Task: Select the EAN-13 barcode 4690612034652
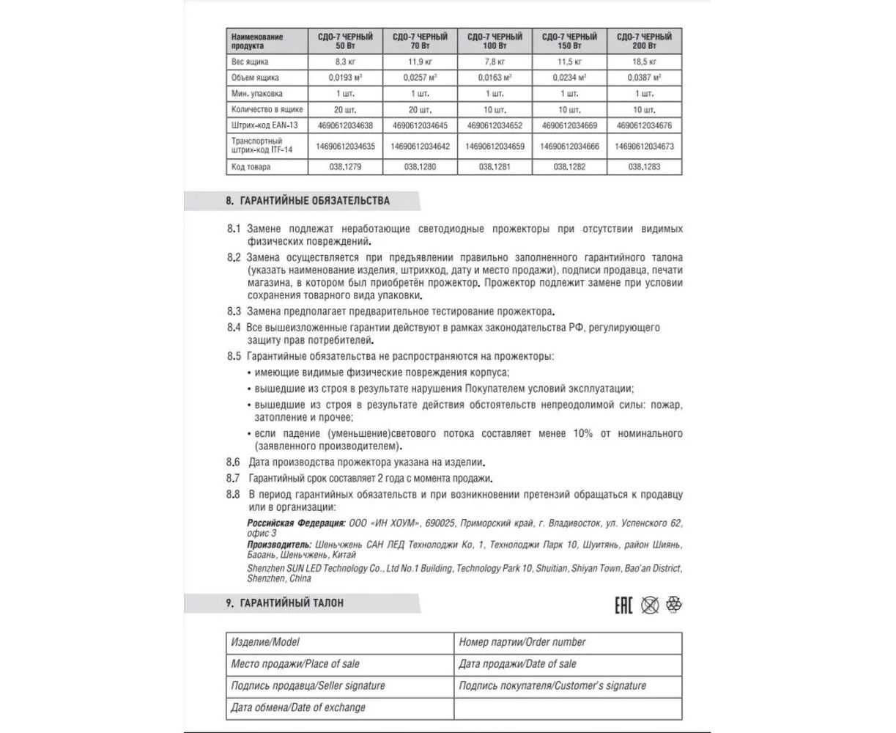click(x=495, y=125)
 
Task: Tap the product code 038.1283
click(x=644, y=166)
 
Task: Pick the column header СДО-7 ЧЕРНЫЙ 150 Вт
click(x=569, y=40)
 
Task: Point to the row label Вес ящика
click(x=250, y=62)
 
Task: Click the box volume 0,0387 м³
click(x=644, y=77)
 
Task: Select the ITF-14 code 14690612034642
click(x=421, y=146)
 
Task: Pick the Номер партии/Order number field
click(x=522, y=642)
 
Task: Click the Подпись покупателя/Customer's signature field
click(x=552, y=685)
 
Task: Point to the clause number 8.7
click(x=234, y=478)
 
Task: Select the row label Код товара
click(x=251, y=166)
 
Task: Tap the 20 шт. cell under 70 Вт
click(x=421, y=108)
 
